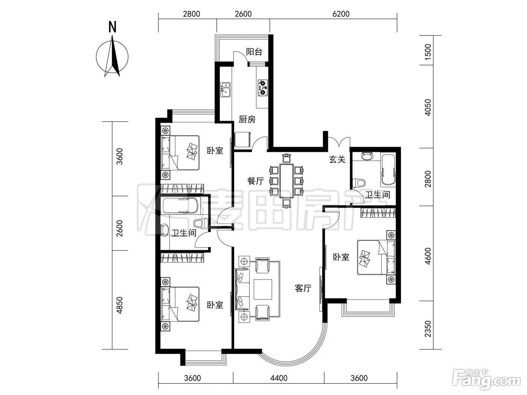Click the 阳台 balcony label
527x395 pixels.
pos(254,52)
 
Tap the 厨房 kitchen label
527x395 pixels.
pos(247,119)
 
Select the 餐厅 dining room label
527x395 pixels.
pos(256,181)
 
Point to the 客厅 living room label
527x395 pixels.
pos(303,288)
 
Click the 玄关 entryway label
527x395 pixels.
pos(337,160)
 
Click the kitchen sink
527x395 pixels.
pos(225,90)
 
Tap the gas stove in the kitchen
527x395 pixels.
pos(263,88)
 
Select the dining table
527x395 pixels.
pos(287,181)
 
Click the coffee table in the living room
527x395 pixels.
pos(263,289)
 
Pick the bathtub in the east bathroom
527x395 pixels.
pos(388,169)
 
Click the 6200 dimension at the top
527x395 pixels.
pos(341,14)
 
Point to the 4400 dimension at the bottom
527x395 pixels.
pos(279,378)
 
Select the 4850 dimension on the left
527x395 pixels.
pos(119,305)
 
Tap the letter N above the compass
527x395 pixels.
pos(112,27)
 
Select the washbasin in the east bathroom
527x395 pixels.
pos(367,156)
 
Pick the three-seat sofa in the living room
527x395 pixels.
pos(242,289)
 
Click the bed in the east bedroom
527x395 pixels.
pos(376,257)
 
